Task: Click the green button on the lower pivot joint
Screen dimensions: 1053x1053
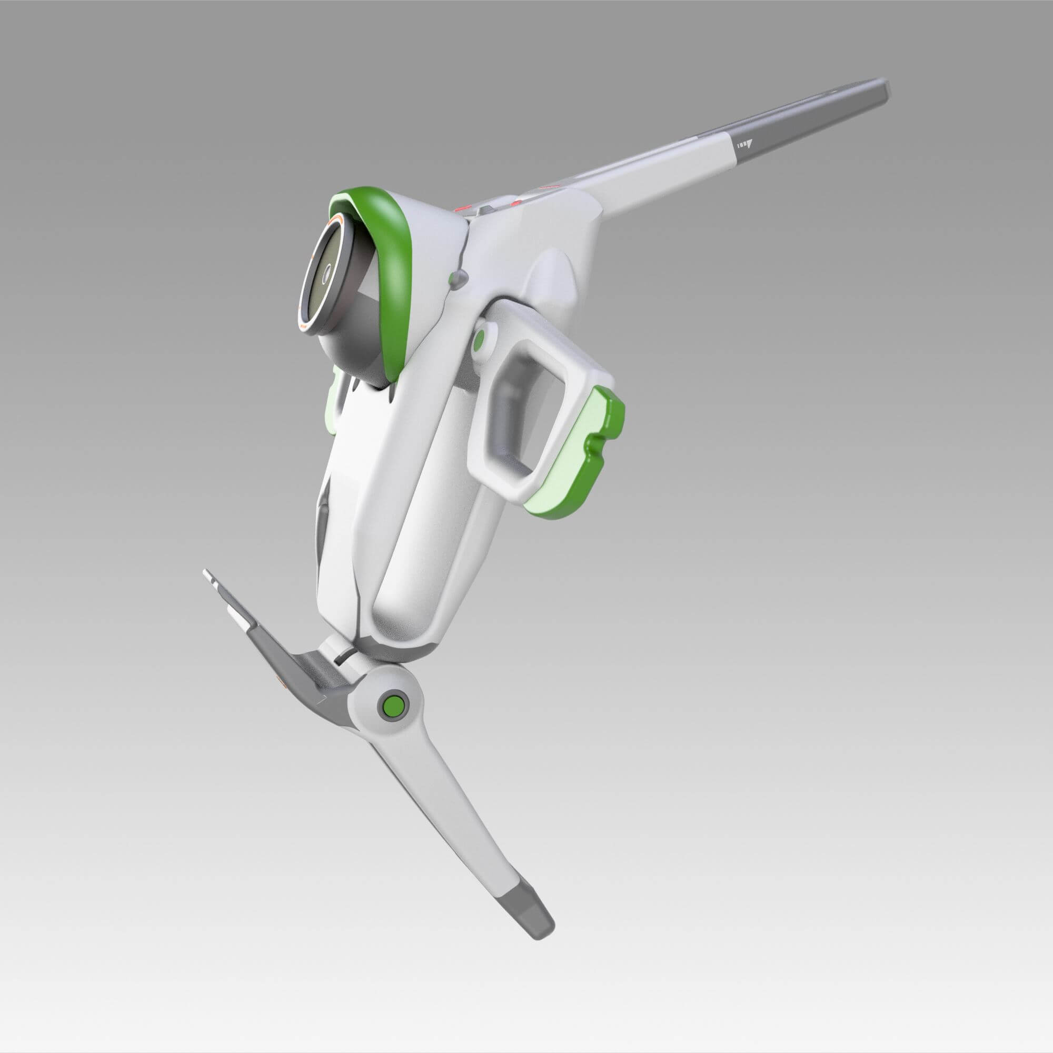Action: click(x=393, y=706)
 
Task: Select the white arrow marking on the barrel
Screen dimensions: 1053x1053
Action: click(x=744, y=145)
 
